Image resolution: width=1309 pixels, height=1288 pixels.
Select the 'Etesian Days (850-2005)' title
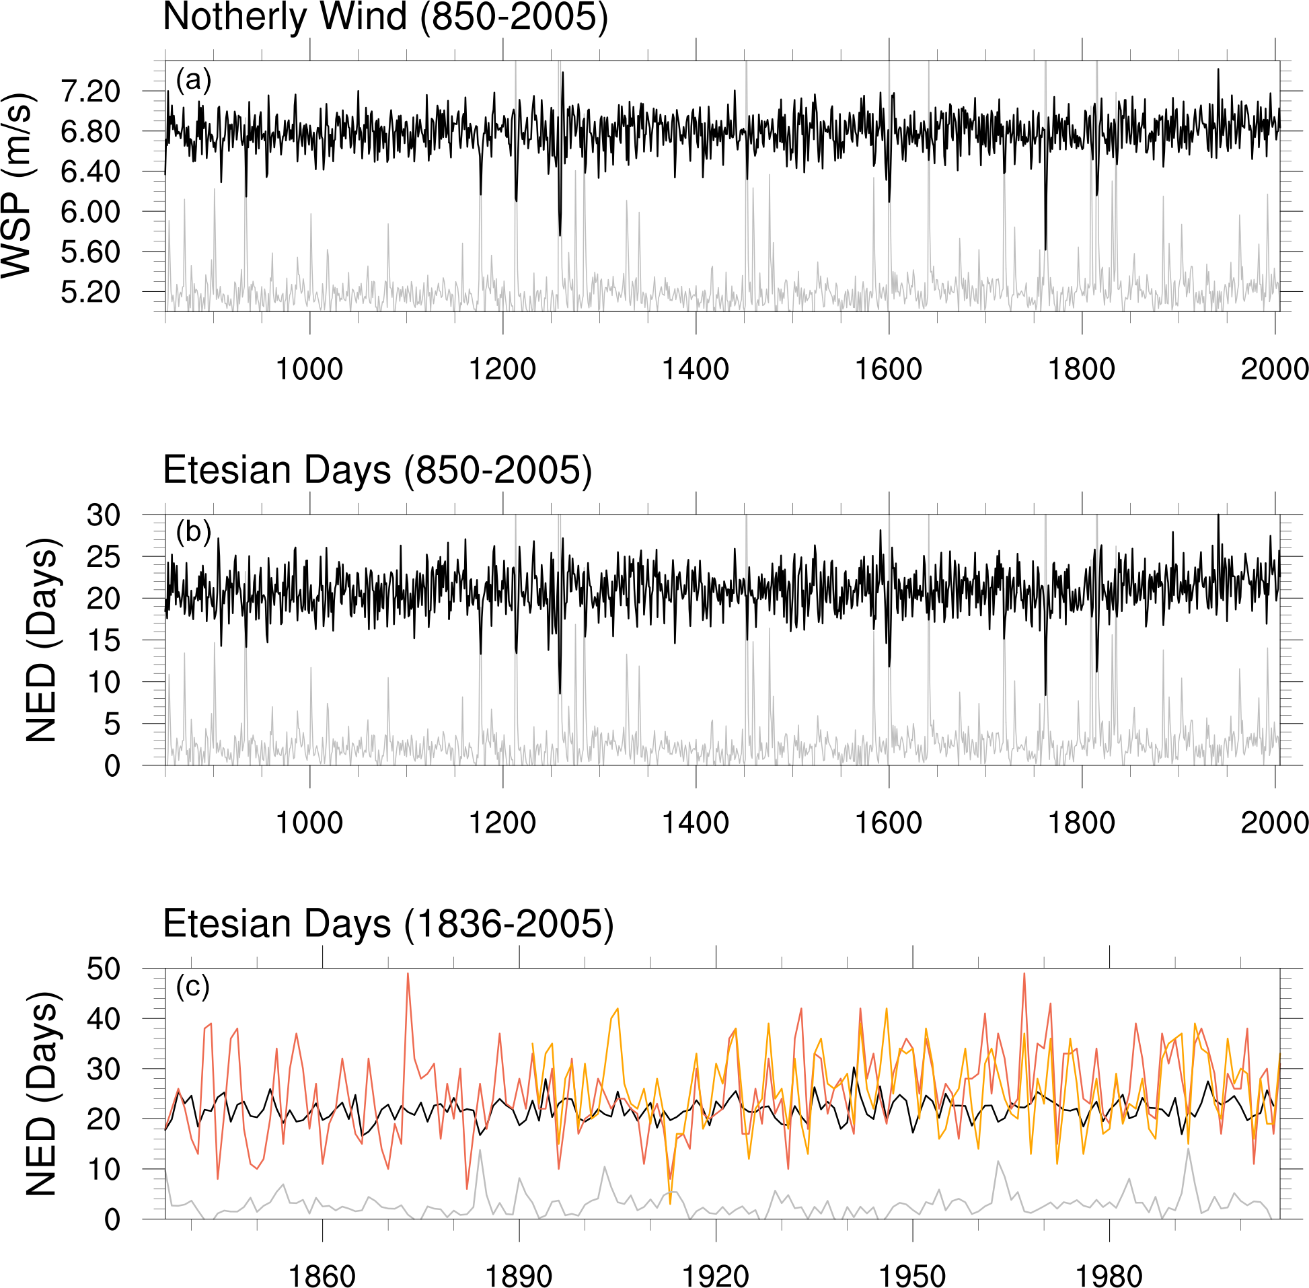click(377, 469)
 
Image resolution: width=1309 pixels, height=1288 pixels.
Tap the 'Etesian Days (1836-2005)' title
click(388, 923)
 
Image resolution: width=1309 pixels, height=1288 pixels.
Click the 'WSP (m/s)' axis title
click(17, 184)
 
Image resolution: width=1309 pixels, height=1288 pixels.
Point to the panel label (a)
click(194, 81)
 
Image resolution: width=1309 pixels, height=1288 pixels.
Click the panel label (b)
click(194, 533)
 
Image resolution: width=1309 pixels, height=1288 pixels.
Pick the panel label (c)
click(193, 987)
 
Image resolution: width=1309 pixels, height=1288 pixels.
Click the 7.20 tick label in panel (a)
click(91, 91)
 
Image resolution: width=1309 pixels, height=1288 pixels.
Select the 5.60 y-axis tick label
click(91, 252)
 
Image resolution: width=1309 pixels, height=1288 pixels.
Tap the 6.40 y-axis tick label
click(91, 172)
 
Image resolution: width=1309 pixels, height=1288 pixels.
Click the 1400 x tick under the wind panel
click(696, 369)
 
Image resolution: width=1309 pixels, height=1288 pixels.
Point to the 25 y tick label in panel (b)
click(103, 558)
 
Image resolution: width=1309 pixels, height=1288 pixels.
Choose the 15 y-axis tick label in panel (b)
click(103, 640)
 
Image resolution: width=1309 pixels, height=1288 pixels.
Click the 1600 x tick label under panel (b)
click(888, 823)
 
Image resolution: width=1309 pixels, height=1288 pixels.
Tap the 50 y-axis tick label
click(103, 969)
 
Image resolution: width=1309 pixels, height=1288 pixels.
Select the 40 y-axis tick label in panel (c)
click(103, 1020)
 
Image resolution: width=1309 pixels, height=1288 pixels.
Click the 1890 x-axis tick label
click(519, 1276)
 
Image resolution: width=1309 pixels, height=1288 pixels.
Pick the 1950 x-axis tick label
click(912, 1276)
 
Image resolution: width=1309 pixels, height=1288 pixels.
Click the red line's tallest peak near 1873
click(408, 973)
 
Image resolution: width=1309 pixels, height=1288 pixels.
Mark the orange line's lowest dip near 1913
click(671, 1203)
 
